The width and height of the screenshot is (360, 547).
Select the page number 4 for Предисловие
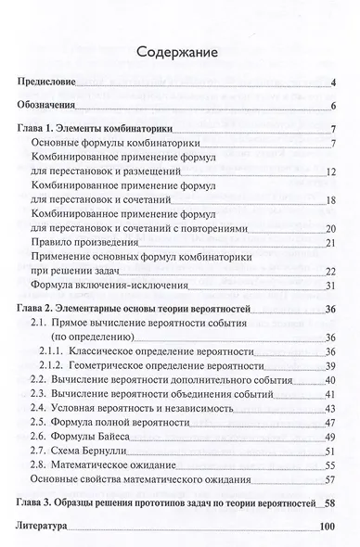tap(331, 85)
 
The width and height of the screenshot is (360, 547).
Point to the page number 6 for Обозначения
tap(331, 107)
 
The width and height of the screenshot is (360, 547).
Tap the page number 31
tap(328, 287)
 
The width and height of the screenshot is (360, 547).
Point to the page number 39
tap(328, 367)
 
